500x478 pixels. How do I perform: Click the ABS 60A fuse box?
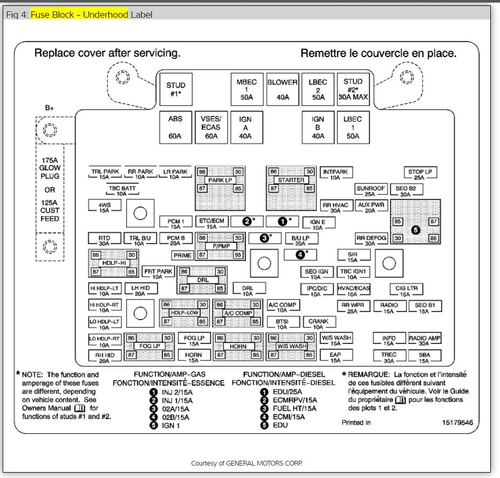click(175, 127)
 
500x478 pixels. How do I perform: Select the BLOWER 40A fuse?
click(283, 89)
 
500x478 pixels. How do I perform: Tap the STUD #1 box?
click(175, 89)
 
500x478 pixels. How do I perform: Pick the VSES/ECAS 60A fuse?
click(211, 127)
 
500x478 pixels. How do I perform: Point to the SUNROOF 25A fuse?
click(371, 191)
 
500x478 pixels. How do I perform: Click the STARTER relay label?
click(291, 180)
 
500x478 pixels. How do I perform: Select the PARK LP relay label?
click(220, 180)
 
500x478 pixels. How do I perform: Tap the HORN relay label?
click(238, 347)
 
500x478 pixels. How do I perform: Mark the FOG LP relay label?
click(149, 346)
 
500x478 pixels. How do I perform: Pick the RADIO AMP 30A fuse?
click(424, 341)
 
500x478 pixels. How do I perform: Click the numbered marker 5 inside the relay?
click(415, 230)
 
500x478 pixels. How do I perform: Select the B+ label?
click(50, 108)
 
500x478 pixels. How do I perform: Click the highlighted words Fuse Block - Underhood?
click(79, 15)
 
